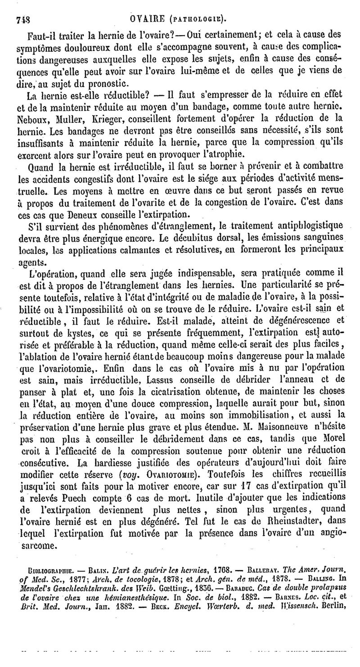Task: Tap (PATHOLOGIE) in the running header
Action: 201,19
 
